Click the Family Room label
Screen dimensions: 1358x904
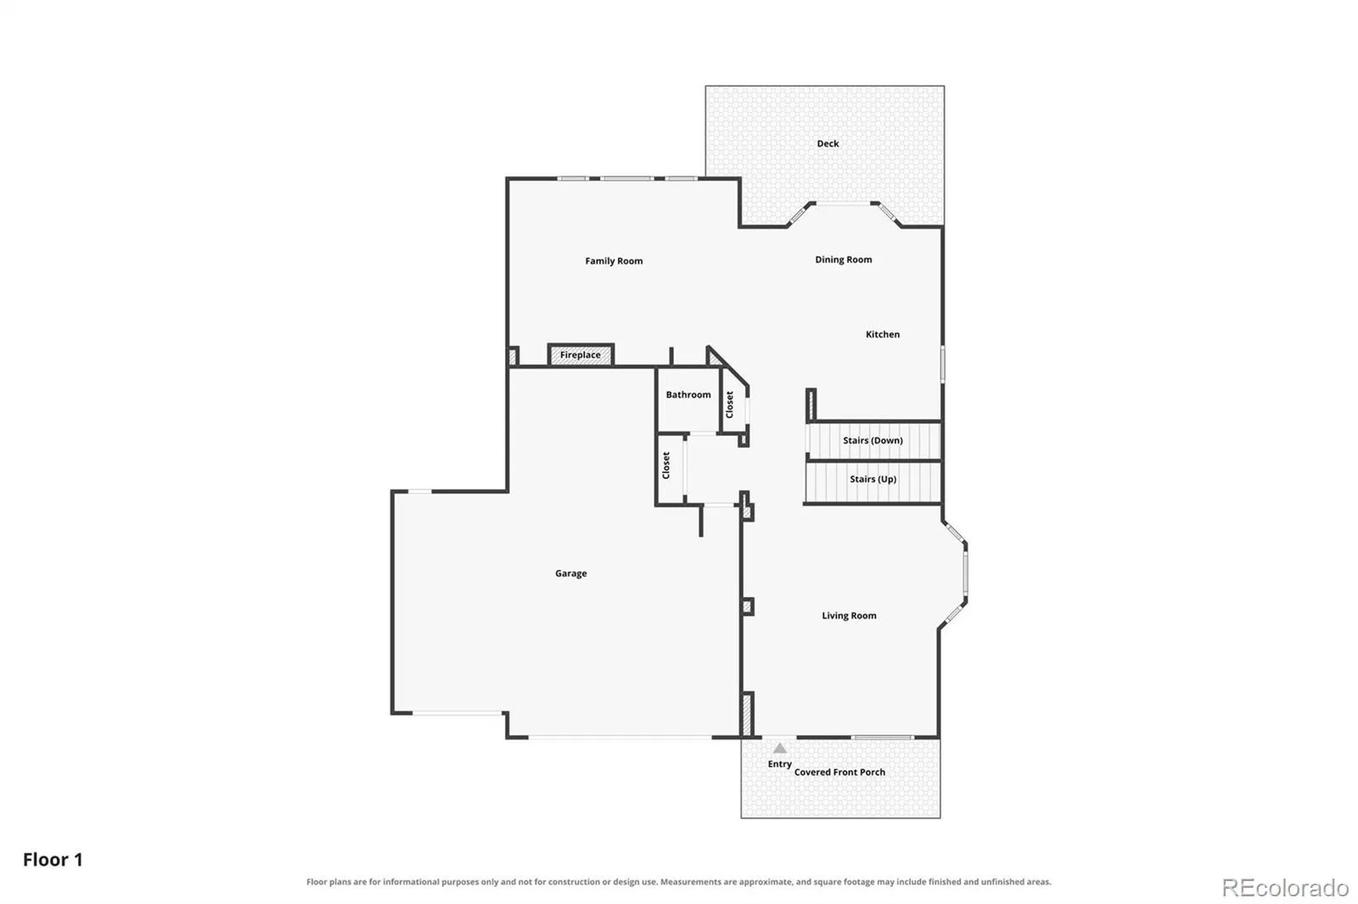(614, 261)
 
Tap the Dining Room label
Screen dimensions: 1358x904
(844, 260)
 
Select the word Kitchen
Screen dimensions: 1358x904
(883, 334)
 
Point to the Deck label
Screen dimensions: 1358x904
(828, 143)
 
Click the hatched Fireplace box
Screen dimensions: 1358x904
(581, 354)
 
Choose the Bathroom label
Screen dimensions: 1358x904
(688, 395)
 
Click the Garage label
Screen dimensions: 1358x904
(571, 573)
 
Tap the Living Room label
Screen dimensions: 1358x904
(849, 616)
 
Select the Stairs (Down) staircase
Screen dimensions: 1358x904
(873, 440)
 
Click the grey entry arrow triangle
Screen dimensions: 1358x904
(780, 748)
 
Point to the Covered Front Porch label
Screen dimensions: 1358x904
(839, 773)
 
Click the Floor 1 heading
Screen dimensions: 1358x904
(53, 860)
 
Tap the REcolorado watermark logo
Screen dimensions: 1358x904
(1285, 888)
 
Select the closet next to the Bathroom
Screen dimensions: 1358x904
(733, 403)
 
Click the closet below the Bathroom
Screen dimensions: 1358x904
(671, 468)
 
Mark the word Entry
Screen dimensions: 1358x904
(780, 764)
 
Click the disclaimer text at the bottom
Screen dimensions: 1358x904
(678, 882)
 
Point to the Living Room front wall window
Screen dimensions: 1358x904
(882, 738)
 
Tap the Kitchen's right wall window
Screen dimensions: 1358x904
(942, 364)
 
